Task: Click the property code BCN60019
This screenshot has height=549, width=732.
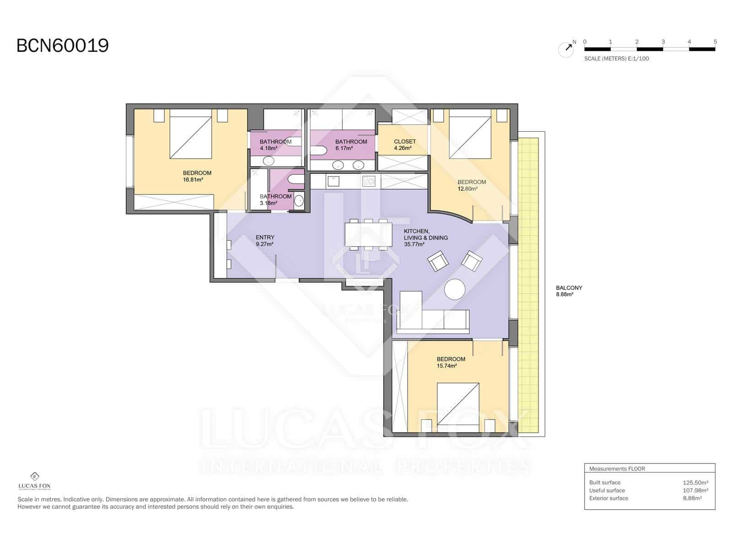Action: click(x=63, y=46)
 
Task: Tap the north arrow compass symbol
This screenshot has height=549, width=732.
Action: click(x=566, y=49)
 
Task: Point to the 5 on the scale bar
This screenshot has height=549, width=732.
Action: click(x=715, y=42)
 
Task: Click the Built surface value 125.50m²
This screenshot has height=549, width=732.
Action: click(x=695, y=482)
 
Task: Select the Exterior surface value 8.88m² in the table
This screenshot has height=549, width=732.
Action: click(x=692, y=498)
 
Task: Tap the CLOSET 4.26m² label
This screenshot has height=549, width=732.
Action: click(x=404, y=145)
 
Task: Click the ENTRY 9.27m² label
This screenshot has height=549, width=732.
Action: click(x=265, y=240)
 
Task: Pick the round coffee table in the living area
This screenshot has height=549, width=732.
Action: click(x=455, y=289)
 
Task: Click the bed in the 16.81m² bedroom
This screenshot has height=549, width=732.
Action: click(x=190, y=134)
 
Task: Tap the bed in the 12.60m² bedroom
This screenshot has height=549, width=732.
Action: click(x=470, y=134)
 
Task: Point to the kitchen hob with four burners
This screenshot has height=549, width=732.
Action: click(x=369, y=182)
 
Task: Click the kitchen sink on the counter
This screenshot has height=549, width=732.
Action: click(x=333, y=182)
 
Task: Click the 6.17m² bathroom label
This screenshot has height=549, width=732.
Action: click(x=351, y=145)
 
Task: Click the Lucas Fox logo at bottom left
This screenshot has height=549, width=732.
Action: click(x=34, y=481)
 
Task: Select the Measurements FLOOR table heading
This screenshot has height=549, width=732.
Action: click(x=617, y=468)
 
